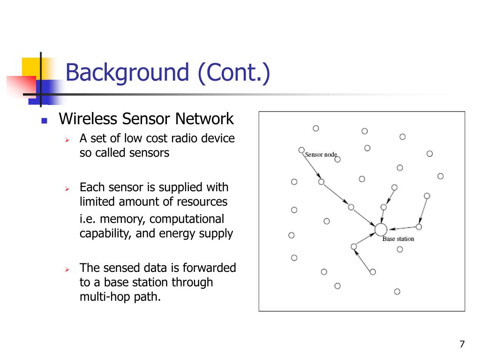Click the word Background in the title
tap(127, 73)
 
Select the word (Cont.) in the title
tap(234, 73)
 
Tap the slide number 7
tap(462, 344)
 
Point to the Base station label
tap(398, 239)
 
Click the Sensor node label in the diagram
tap(321, 155)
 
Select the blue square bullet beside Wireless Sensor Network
tap(45, 120)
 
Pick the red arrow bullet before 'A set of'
tap(67, 140)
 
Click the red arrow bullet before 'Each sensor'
tap(67, 189)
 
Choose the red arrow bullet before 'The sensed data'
tap(67, 270)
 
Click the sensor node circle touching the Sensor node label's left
tap(301, 150)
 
